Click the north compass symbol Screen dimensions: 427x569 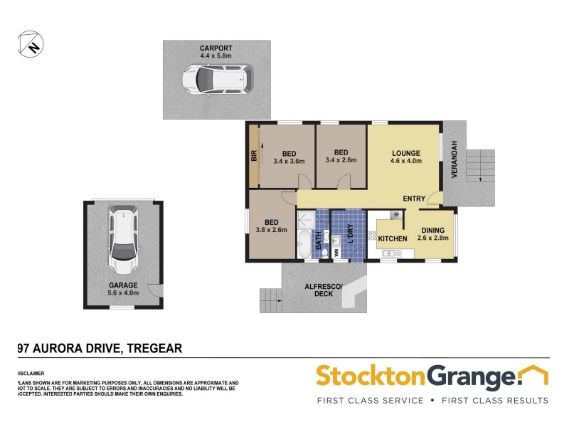point(28,43)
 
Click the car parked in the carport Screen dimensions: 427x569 point(216,79)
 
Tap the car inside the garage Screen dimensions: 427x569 point(122,241)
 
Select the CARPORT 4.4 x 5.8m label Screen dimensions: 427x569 point(216,52)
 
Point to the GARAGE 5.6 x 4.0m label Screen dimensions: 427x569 point(123,288)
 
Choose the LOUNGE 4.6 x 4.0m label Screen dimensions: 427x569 point(405,157)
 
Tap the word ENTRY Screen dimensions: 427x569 point(414,199)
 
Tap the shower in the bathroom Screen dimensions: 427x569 point(305,218)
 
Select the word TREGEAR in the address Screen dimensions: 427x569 point(154,348)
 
